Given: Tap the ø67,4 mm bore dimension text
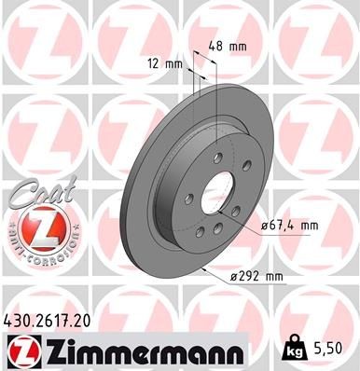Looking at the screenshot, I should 289,225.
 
